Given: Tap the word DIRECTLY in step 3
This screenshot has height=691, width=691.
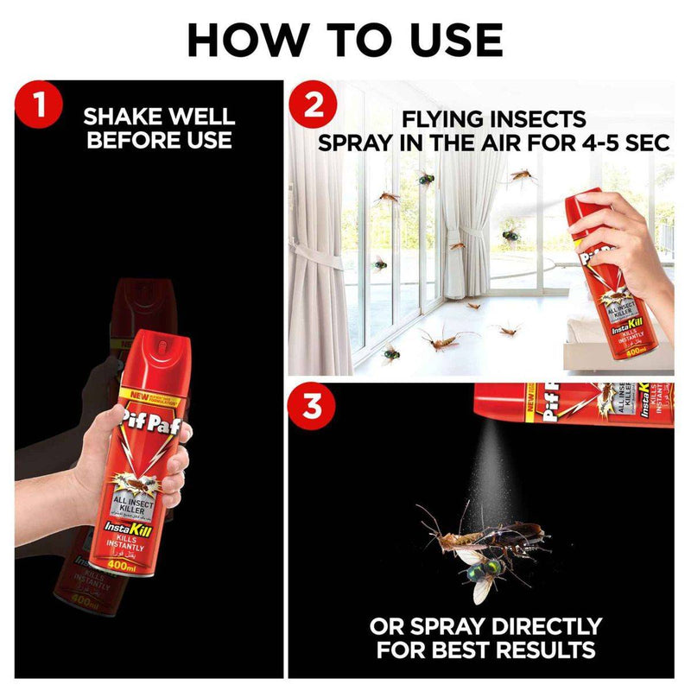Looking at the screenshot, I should [541, 625].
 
